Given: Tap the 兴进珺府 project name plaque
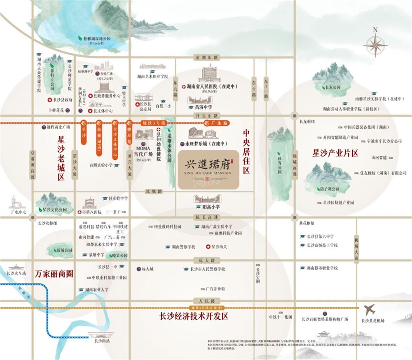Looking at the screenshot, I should tap(208, 170).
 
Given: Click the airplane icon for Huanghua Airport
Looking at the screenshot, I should tap(370, 309).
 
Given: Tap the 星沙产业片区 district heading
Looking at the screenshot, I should tap(336, 153).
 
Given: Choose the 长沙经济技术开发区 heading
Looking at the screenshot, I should tap(194, 316).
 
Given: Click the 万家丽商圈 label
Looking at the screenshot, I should tap(54, 274).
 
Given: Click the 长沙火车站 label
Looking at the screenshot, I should tap(16, 273).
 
